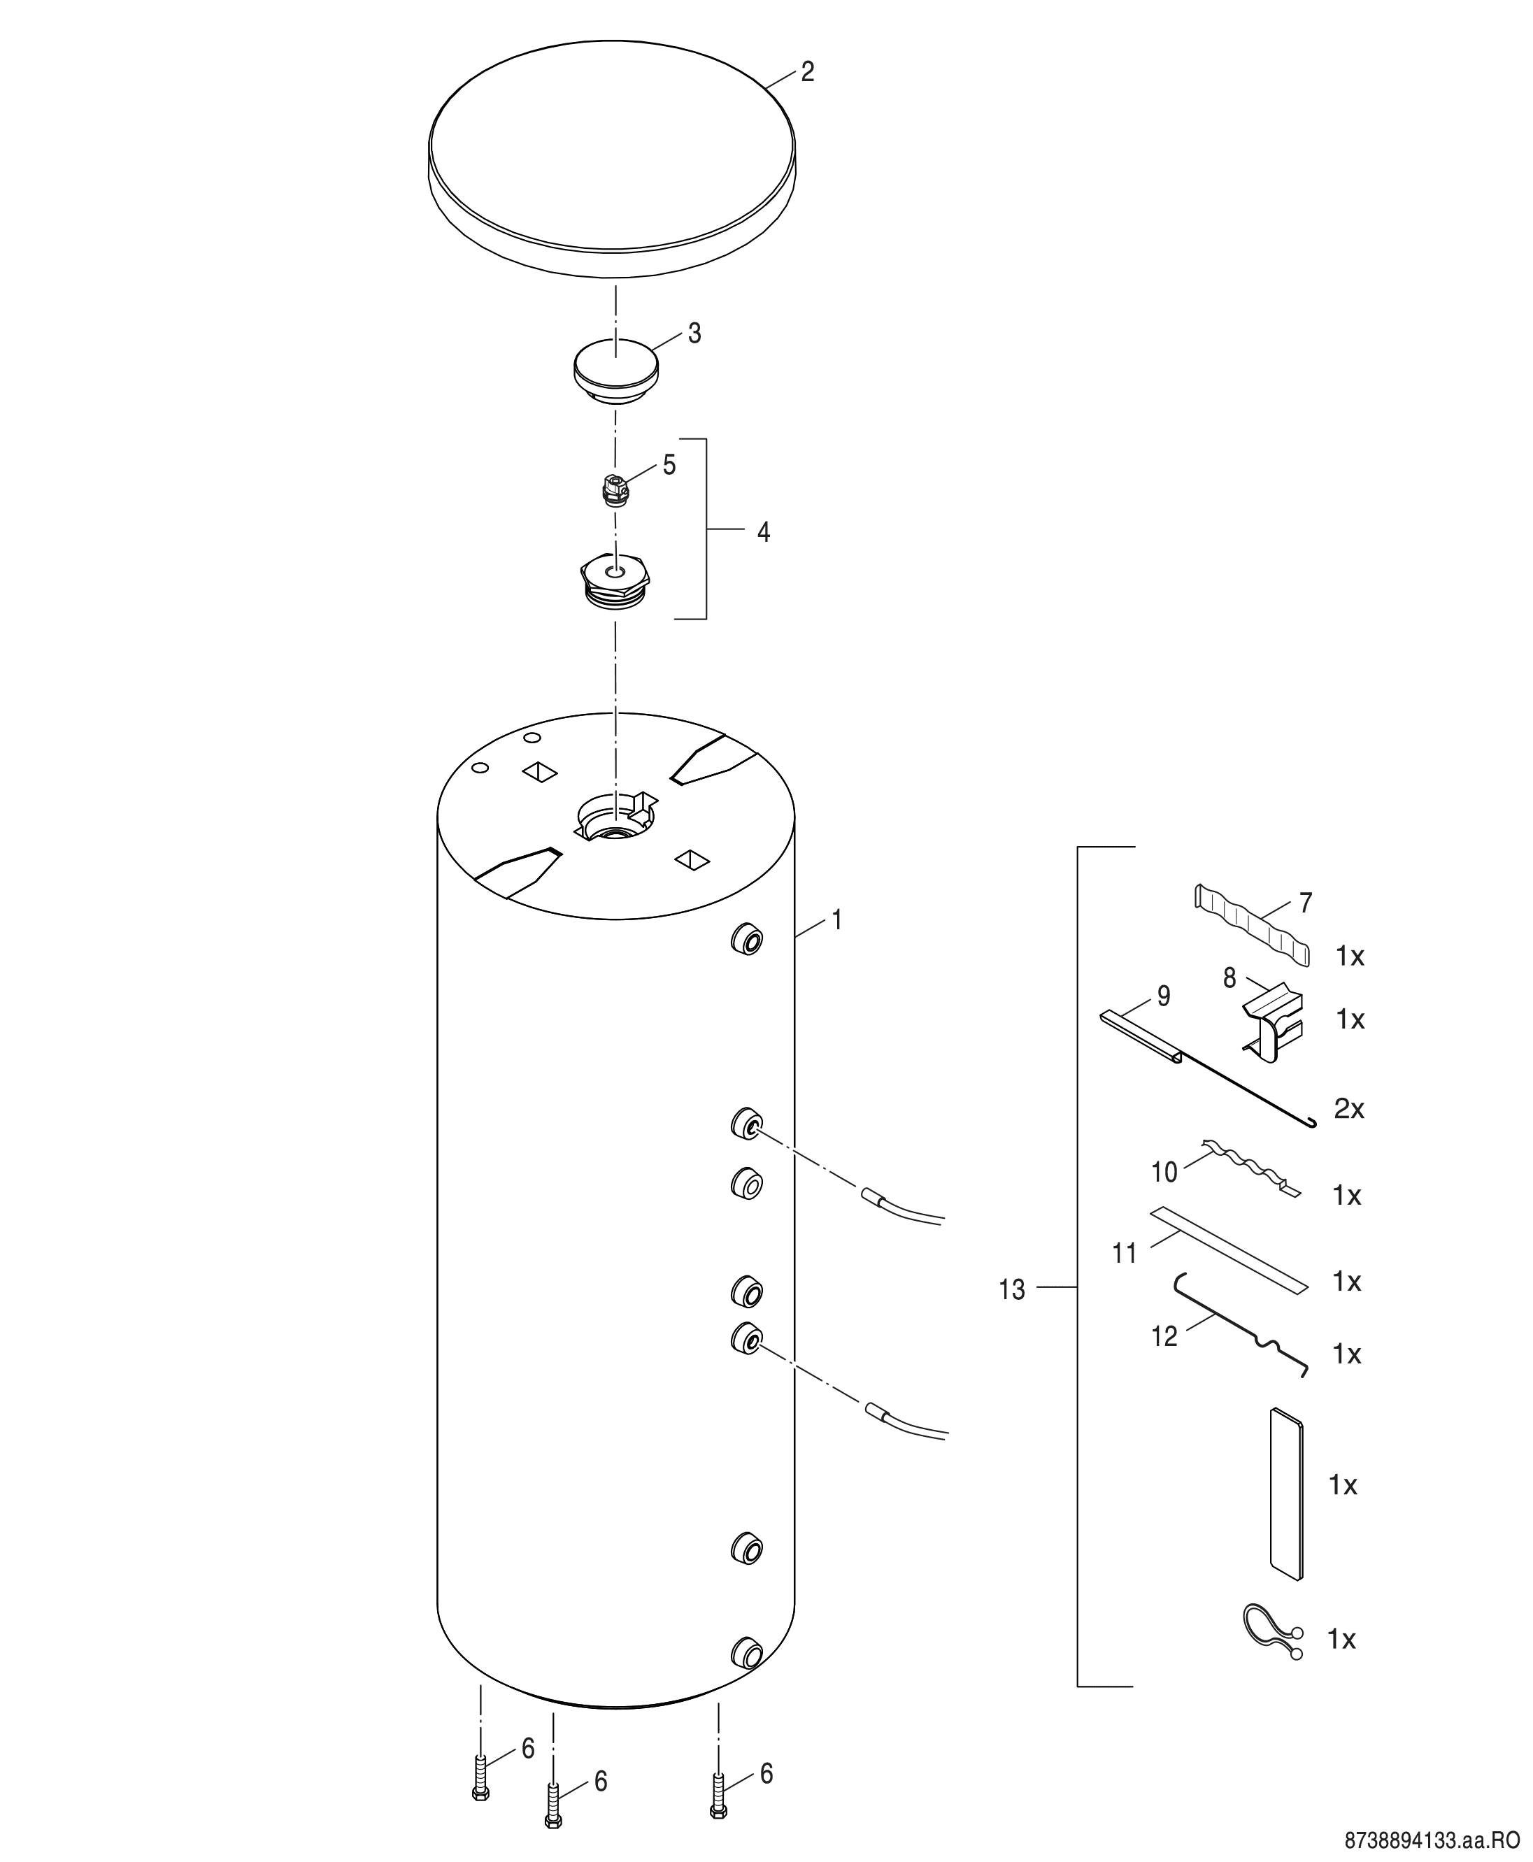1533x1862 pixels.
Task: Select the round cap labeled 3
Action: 616,372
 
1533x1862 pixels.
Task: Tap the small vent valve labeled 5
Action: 615,488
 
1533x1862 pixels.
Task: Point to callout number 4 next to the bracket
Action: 764,532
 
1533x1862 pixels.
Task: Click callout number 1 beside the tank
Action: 837,921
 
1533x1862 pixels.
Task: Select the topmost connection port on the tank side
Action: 746,939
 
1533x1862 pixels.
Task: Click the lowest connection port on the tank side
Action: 746,1653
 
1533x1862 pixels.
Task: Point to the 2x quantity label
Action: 1348,1108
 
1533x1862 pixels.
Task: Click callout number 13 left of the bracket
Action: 1012,1290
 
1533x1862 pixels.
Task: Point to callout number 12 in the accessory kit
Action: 1164,1361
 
